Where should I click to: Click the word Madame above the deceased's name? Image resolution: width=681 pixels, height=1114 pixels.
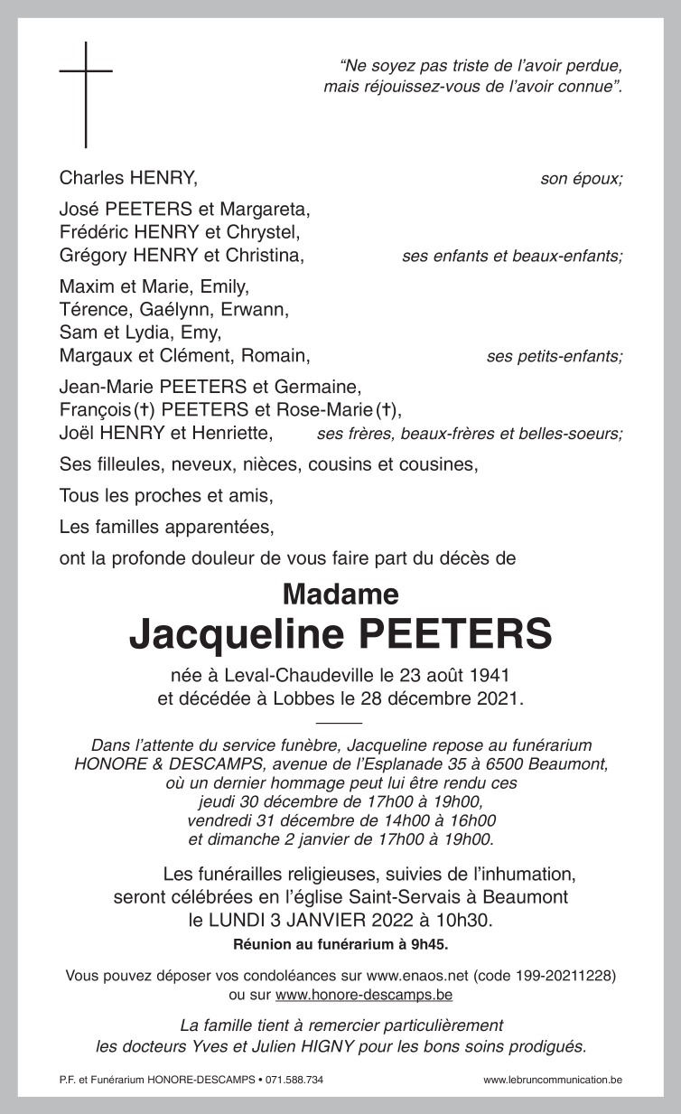pyautogui.click(x=340, y=594)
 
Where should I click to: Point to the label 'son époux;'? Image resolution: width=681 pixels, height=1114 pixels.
pyautogui.click(x=581, y=179)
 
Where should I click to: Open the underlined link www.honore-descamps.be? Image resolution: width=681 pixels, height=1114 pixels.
pyautogui.click(x=364, y=995)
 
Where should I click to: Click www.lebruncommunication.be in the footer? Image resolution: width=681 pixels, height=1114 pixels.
pyautogui.click(x=553, y=1081)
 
